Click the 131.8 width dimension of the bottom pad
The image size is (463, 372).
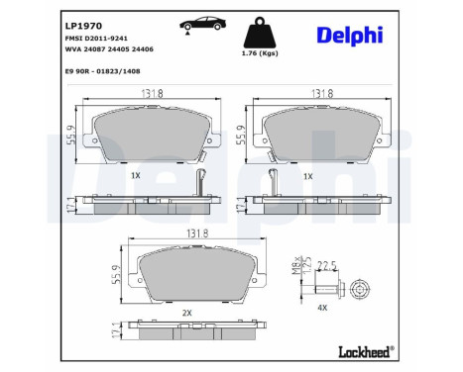pyautogui.click(x=197, y=234)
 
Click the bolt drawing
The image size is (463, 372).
pyautogui.click(x=336, y=288)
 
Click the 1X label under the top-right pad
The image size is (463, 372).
pyautogui.click(x=309, y=174)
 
